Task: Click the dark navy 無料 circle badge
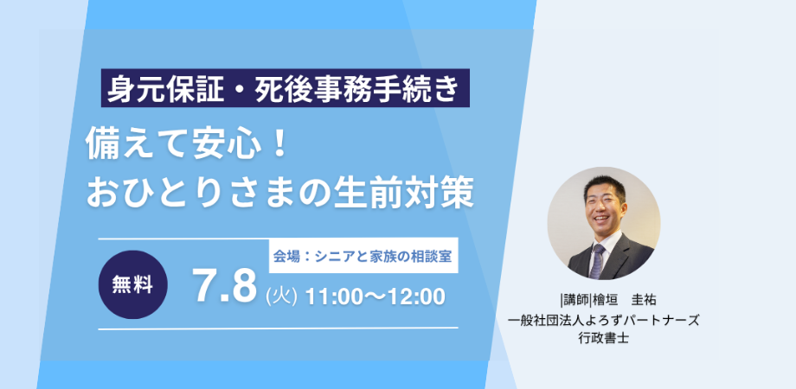(x=132, y=284)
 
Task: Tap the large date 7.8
(x=224, y=288)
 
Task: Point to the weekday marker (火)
(x=281, y=297)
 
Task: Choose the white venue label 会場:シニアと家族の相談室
(x=363, y=256)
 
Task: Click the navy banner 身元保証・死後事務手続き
(x=285, y=88)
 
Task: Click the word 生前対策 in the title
(x=403, y=194)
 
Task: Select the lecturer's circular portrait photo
(x=604, y=224)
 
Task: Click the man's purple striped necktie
(x=597, y=261)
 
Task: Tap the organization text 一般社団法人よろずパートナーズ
(x=604, y=320)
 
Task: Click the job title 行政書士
(x=604, y=338)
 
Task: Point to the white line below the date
(x=279, y=328)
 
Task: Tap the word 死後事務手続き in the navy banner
(x=357, y=88)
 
